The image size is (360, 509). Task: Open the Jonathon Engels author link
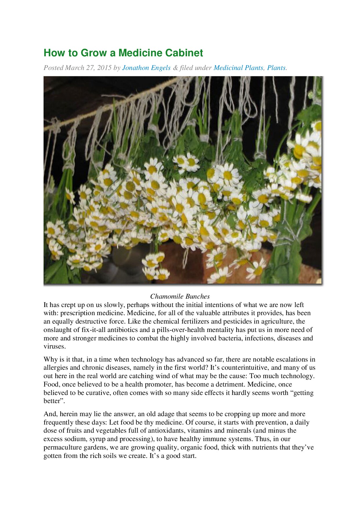[x=146, y=68]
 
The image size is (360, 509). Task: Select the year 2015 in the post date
[x=104, y=68]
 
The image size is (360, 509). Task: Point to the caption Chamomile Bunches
[x=180, y=296]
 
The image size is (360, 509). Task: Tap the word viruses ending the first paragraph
[x=54, y=346]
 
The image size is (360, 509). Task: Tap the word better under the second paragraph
[x=53, y=401]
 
